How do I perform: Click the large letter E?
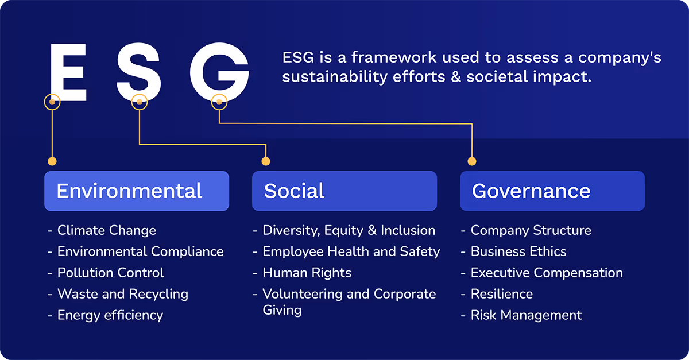tap(68, 73)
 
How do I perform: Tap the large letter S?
tap(139, 73)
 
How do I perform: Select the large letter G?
tap(219, 73)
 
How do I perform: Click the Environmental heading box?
tap(137, 191)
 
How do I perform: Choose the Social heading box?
tap(344, 191)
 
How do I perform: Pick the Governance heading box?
tap(552, 191)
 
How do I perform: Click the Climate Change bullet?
tap(106, 230)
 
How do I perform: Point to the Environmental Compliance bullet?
tap(140, 251)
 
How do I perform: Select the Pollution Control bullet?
tap(110, 273)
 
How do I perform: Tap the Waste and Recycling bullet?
tap(122, 294)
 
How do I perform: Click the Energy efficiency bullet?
tap(110, 315)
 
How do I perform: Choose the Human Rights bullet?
tap(307, 273)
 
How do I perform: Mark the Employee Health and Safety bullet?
tap(351, 251)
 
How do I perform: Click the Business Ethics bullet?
tap(518, 251)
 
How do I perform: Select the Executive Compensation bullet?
tap(546, 273)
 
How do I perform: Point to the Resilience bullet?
tap(501, 294)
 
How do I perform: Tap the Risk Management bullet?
tap(526, 315)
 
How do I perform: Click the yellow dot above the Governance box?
tap(472, 161)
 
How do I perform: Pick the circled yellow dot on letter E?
tap(52, 102)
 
